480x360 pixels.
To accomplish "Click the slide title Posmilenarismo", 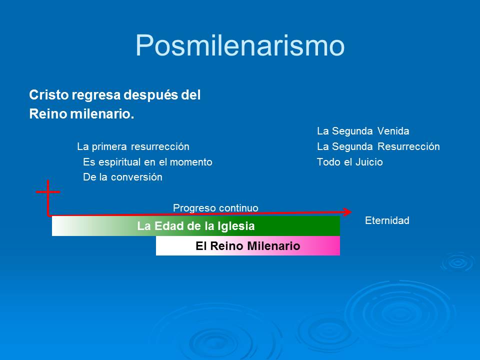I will [239, 46].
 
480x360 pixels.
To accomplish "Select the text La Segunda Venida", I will [363, 131].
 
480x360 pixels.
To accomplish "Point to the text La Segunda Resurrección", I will [378, 147].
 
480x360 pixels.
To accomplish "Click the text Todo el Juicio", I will [349, 162].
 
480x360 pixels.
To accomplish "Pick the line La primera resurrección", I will [133, 147].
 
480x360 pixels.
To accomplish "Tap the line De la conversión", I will [122, 177].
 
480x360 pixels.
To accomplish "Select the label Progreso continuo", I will [215, 208].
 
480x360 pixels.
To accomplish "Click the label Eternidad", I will [387, 220].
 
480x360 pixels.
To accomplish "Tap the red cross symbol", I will [48, 191].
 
